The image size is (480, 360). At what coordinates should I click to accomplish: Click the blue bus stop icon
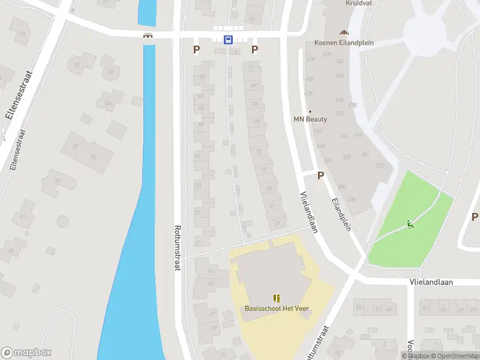tap(229, 40)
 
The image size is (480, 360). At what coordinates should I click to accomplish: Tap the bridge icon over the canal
tap(148, 35)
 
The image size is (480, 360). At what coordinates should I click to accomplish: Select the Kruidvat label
tap(358, 3)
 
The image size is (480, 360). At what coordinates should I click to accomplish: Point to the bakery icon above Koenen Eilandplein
tap(344, 32)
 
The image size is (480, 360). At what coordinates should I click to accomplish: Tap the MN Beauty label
tap(310, 119)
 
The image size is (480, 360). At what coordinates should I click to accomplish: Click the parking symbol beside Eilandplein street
tap(320, 175)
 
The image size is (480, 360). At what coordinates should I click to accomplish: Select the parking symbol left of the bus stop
tap(196, 50)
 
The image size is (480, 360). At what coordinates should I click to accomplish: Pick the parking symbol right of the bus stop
tap(254, 50)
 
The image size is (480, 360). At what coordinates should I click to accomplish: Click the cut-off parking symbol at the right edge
tap(475, 217)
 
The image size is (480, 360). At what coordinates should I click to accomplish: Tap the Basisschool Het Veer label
tap(277, 308)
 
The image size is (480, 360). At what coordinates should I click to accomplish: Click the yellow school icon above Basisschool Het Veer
tap(277, 298)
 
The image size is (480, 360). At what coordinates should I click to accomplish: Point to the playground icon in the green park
tap(410, 225)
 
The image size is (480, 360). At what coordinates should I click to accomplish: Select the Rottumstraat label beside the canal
tap(177, 247)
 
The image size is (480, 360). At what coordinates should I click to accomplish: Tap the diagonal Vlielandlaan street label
tap(308, 212)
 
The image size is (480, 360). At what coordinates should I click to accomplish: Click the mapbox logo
tap(26, 353)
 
